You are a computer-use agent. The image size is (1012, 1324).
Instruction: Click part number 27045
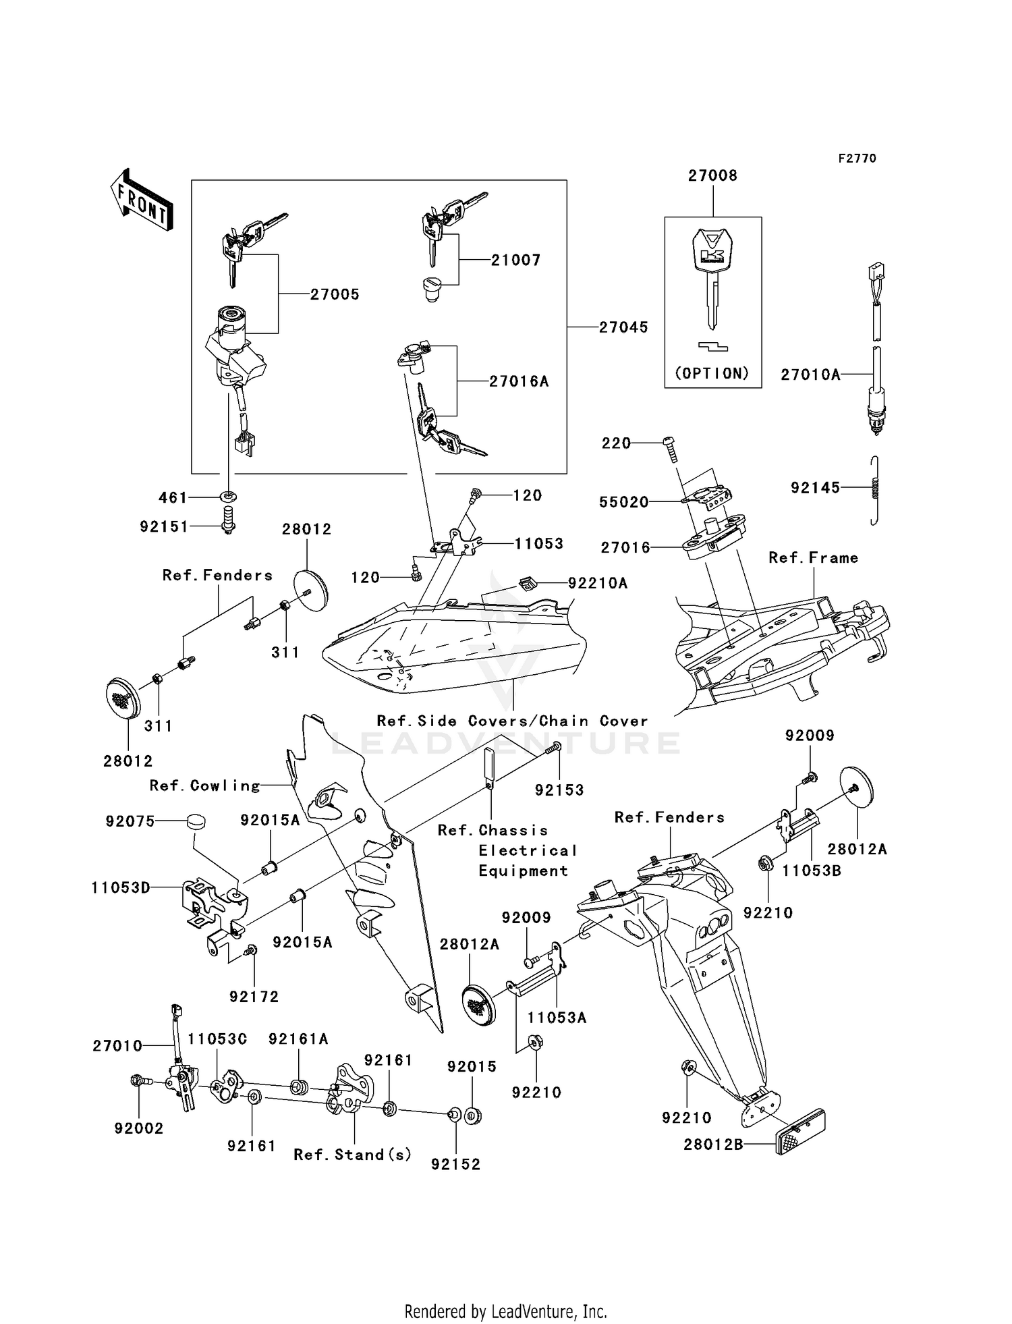pos(623,327)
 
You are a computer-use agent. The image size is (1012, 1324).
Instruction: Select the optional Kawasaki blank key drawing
pos(712,277)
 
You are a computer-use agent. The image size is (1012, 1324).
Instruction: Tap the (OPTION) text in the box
pos(712,373)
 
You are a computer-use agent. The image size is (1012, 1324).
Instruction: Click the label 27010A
pos(810,375)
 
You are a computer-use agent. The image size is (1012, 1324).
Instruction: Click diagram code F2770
pos(857,159)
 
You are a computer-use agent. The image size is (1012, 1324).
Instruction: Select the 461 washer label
pos(172,497)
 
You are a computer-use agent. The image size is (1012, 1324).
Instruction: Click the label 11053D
pos(121,887)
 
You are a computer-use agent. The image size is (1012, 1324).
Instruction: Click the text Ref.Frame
pos(813,557)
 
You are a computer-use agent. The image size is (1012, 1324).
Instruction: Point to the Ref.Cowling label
pos(204,785)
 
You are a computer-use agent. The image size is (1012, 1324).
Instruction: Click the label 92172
pos(254,997)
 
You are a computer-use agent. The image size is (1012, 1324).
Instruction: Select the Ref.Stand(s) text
pos(352,1155)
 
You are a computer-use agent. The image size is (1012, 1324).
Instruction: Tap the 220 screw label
pos(616,443)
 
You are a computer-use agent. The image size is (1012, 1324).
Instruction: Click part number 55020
pos(623,502)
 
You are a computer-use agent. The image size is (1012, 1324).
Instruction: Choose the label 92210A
pos(597,583)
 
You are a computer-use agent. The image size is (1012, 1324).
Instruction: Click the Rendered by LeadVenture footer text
pos(505,1311)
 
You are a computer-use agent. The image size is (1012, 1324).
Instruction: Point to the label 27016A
pos(518,382)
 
